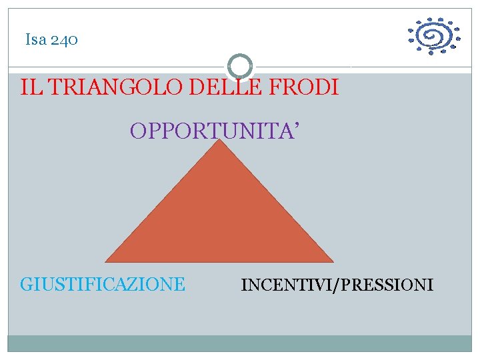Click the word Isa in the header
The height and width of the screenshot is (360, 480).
coord(35,40)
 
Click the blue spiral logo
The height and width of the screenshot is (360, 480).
coord(433,36)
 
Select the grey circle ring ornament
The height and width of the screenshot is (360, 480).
coord(239,67)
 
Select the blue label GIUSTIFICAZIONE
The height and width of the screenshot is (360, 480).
coord(103,285)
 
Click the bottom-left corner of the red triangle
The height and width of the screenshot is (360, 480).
coord(107,261)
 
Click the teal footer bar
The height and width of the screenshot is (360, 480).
coord(239,343)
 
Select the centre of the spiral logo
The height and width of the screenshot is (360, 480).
coord(434,36)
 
